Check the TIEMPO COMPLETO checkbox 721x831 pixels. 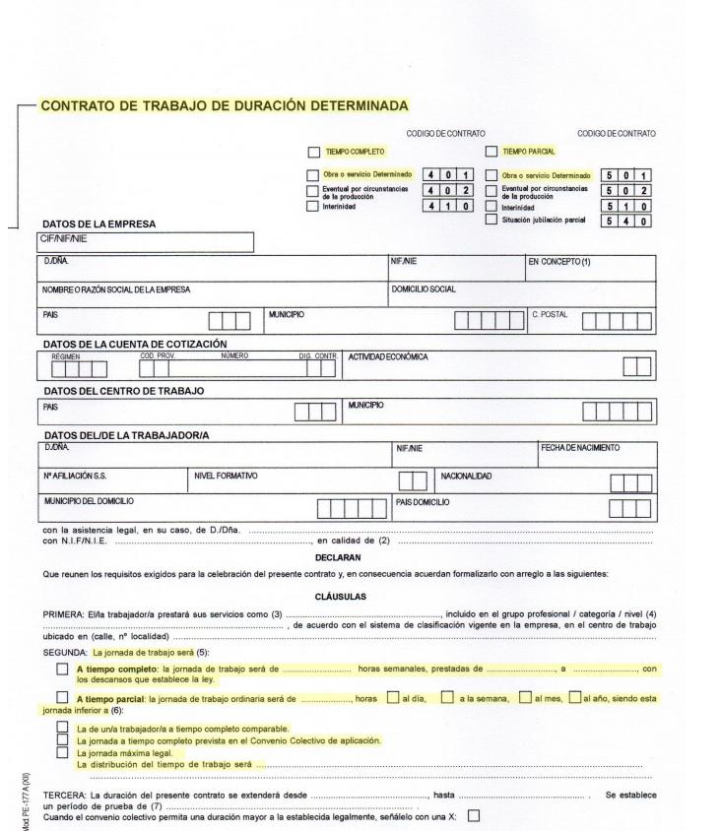(313, 153)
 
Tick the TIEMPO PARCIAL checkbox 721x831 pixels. (492, 153)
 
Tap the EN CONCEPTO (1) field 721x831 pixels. (589, 269)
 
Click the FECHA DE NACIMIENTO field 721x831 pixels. (596, 457)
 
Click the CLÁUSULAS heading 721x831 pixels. (340, 597)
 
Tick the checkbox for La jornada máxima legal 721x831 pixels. (64, 753)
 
